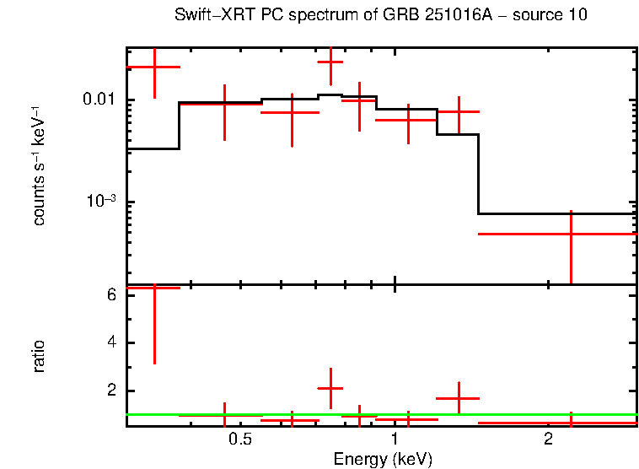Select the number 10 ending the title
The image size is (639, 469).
pyautogui.click(x=578, y=15)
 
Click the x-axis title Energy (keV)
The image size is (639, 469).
pyautogui.click(x=382, y=459)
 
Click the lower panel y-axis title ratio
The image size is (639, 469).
pyautogui.click(x=39, y=356)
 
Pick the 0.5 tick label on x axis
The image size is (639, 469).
pyautogui.click(x=240, y=439)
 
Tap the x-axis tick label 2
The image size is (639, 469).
pyautogui.click(x=548, y=439)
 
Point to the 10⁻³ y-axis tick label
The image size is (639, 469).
pyautogui.click(x=99, y=201)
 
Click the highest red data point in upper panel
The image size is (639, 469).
pyautogui.click(x=330, y=62)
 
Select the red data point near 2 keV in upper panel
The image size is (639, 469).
pyautogui.click(x=571, y=234)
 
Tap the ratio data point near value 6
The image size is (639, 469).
pyautogui.click(x=154, y=288)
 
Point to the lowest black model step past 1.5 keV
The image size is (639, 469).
pyautogui.click(x=556, y=213)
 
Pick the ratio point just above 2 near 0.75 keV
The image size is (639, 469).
pyautogui.click(x=330, y=387)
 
